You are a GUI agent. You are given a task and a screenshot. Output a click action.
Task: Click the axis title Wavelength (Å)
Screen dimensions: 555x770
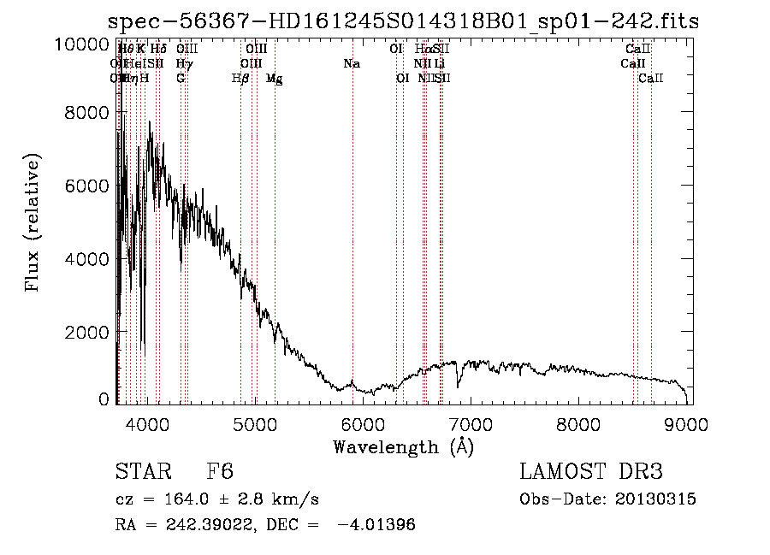[403, 446]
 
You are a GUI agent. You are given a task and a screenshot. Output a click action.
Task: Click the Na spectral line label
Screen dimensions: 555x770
[351, 64]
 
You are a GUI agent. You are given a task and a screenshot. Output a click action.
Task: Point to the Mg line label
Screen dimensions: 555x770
[275, 79]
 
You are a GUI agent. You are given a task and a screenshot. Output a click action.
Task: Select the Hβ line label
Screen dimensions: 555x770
[240, 78]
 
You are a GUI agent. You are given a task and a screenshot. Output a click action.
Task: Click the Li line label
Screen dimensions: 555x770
[439, 64]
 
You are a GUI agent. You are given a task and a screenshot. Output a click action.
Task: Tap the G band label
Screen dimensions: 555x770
[181, 78]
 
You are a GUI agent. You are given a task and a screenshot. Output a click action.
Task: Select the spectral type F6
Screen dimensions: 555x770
[220, 473]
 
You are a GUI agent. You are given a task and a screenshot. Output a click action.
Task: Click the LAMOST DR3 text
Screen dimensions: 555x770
[590, 473]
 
